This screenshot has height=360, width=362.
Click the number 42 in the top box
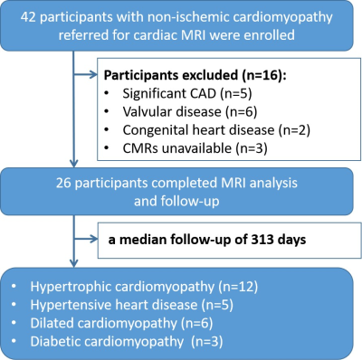tap(28, 16)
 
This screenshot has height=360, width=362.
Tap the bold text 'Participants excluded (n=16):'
tap(195, 76)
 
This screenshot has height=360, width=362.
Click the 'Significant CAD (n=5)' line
tap(187, 93)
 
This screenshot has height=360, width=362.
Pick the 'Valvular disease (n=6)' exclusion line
tap(190, 112)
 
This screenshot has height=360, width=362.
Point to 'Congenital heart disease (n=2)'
tap(216, 130)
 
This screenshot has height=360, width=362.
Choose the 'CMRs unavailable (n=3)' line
tap(195, 148)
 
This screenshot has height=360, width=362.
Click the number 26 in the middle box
tap(63, 183)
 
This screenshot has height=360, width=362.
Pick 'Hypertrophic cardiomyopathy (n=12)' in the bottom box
tap(144, 287)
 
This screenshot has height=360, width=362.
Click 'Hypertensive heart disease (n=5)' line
tap(132, 305)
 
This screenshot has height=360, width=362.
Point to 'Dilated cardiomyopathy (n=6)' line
tap(121, 323)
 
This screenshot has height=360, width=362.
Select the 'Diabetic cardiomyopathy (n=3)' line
tap(127, 342)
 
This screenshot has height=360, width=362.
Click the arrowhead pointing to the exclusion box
tap(93, 74)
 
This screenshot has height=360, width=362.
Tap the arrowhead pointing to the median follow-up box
tap(93, 239)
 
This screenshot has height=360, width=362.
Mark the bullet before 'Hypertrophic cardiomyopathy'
tap(14, 287)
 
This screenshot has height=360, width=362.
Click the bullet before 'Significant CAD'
tap(106, 94)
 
